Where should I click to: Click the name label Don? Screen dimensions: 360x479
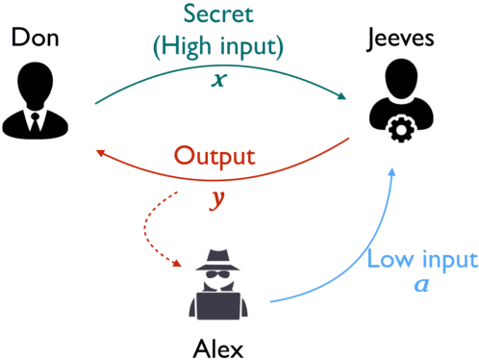click(x=33, y=39)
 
